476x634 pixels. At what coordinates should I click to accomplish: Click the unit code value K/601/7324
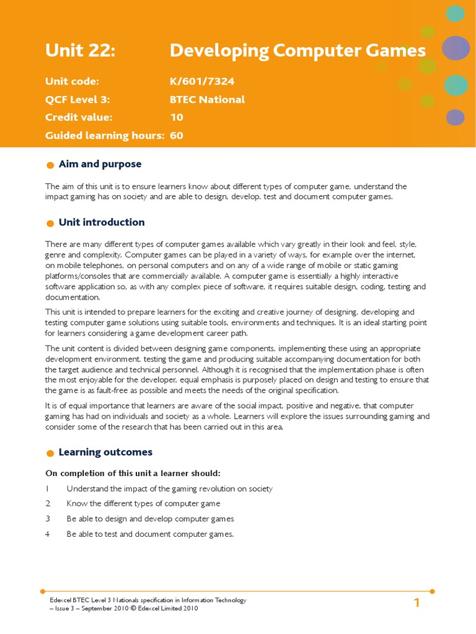click(202, 81)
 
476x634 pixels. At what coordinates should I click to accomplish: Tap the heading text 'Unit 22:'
click(80, 51)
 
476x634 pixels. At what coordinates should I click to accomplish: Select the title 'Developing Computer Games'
click(297, 51)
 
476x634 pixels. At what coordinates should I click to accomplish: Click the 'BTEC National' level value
click(207, 99)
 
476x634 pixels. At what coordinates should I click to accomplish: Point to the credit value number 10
click(177, 117)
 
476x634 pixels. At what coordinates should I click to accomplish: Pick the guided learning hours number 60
click(177, 135)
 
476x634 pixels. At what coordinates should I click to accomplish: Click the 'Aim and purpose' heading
click(100, 164)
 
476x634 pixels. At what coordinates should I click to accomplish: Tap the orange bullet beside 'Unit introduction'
click(50, 224)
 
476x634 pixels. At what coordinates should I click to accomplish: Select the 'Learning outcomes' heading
click(105, 452)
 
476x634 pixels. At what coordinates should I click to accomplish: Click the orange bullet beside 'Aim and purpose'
click(50, 165)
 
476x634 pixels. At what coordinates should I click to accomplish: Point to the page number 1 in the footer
click(417, 603)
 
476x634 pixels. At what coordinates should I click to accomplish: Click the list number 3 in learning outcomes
click(47, 519)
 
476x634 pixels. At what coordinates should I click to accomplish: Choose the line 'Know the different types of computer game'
click(143, 503)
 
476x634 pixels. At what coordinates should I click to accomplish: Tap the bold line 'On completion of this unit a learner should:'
click(133, 474)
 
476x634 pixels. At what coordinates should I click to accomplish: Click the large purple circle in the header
click(456, 48)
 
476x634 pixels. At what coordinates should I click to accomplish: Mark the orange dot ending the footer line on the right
click(432, 591)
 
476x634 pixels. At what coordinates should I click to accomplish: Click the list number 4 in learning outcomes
click(47, 534)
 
